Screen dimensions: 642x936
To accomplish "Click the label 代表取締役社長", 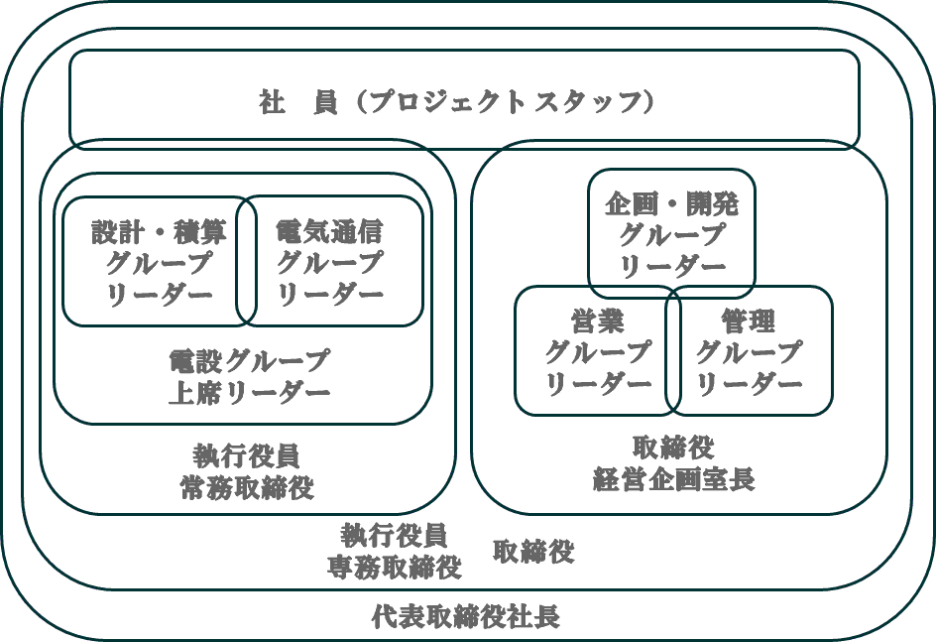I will tap(465, 617).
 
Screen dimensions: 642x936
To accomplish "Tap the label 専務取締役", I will tap(395, 568).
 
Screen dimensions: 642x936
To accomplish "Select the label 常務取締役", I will tap(247, 488).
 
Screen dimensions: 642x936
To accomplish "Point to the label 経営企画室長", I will tap(673, 479).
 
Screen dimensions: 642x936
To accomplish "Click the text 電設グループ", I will tap(248, 359).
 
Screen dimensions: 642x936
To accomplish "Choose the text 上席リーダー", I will tap(248, 392).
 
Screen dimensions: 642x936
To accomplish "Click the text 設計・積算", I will tap(159, 232).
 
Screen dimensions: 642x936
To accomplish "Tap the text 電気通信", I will tap(328, 232).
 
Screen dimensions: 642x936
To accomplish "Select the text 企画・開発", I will tap(671, 204).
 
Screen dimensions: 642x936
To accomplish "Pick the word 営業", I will tap(598, 321).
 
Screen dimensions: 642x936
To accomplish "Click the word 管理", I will tap(749, 321).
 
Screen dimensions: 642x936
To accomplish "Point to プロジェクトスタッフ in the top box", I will tap(507, 102).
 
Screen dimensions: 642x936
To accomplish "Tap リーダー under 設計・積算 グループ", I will tap(159, 296).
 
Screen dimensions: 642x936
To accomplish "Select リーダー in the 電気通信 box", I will tap(328, 296).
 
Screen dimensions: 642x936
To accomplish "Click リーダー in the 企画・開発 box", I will tap(671, 267).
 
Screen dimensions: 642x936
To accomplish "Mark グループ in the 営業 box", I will tap(598, 351).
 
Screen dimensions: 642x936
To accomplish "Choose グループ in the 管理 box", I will tap(749, 351).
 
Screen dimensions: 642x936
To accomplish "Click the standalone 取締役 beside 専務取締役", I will tap(533, 552).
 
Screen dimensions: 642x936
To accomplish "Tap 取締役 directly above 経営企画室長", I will tap(673, 447).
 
